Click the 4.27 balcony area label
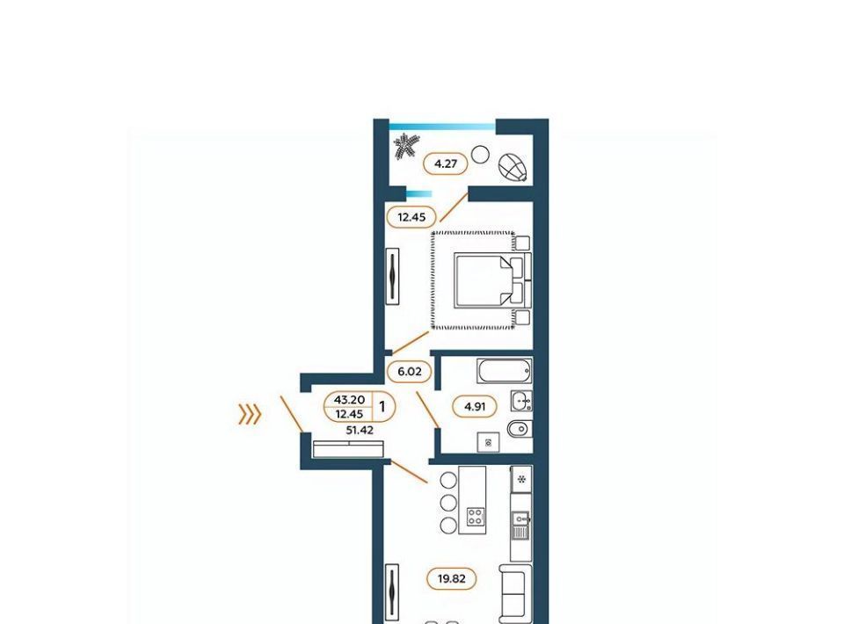pos(445,163)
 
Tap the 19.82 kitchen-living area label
pos(451,579)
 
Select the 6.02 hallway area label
pos(410,371)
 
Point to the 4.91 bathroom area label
pos(474,407)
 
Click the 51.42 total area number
pos(359,431)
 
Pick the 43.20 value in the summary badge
pos(349,400)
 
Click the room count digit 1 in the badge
pos(382,406)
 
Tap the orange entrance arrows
pos(250,415)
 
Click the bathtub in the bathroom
pos(505,371)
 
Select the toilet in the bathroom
pos(520,429)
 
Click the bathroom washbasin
pos(521,401)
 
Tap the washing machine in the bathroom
pos(488,443)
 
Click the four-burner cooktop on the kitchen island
pos(476,517)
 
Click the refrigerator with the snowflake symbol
pos(521,479)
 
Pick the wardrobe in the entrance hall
pos(348,449)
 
